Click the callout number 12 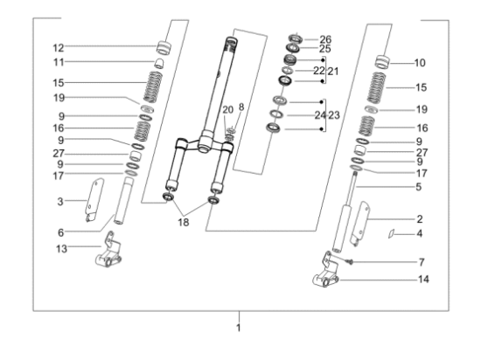[59, 48]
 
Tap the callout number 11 [59, 62]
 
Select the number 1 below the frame [239, 328]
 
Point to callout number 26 [325, 39]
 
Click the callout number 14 [423, 279]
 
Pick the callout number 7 [422, 262]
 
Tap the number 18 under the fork [184, 223]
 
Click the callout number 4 [419, 233]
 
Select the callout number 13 [61, 248]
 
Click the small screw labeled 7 [350, 261]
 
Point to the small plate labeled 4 [391, 233]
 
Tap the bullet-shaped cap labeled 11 [158, 63]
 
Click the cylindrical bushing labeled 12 [164, 48]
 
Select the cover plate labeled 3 [94, 199]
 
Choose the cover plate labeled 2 [361, 222]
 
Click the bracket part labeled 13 [108, 251]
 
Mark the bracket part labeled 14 [326, 271]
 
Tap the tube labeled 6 [124, 201]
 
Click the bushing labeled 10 [382, 62]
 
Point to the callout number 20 [227, 110]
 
